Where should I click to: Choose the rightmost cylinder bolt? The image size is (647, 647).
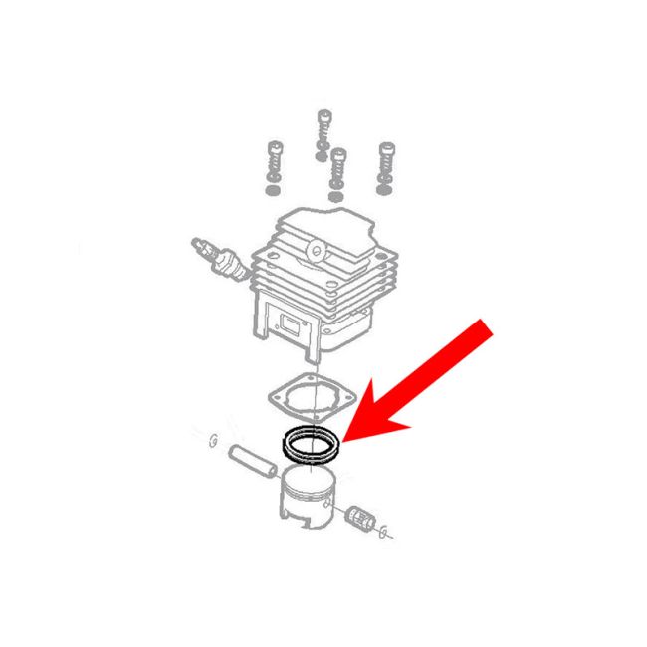tap(385, 161)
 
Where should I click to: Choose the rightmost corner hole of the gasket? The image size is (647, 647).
tap(349, 401)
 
